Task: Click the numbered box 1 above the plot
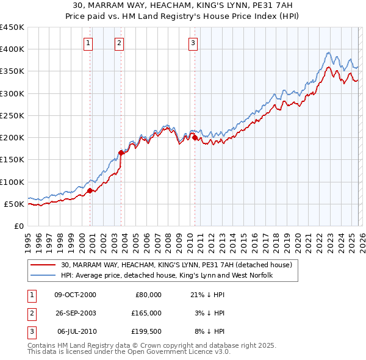click(88, 43)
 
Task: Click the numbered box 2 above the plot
click(118, 43)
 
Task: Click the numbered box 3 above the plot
click(192, 43)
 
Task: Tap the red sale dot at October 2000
click(90, 190)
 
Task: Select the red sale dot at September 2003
click(121, 153)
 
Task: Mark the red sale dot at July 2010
click(195, 138)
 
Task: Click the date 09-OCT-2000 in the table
click(75, 295)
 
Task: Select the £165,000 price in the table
click(146, 313)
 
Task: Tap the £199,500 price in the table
click(146, 331)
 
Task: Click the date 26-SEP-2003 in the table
click(75, 313)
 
